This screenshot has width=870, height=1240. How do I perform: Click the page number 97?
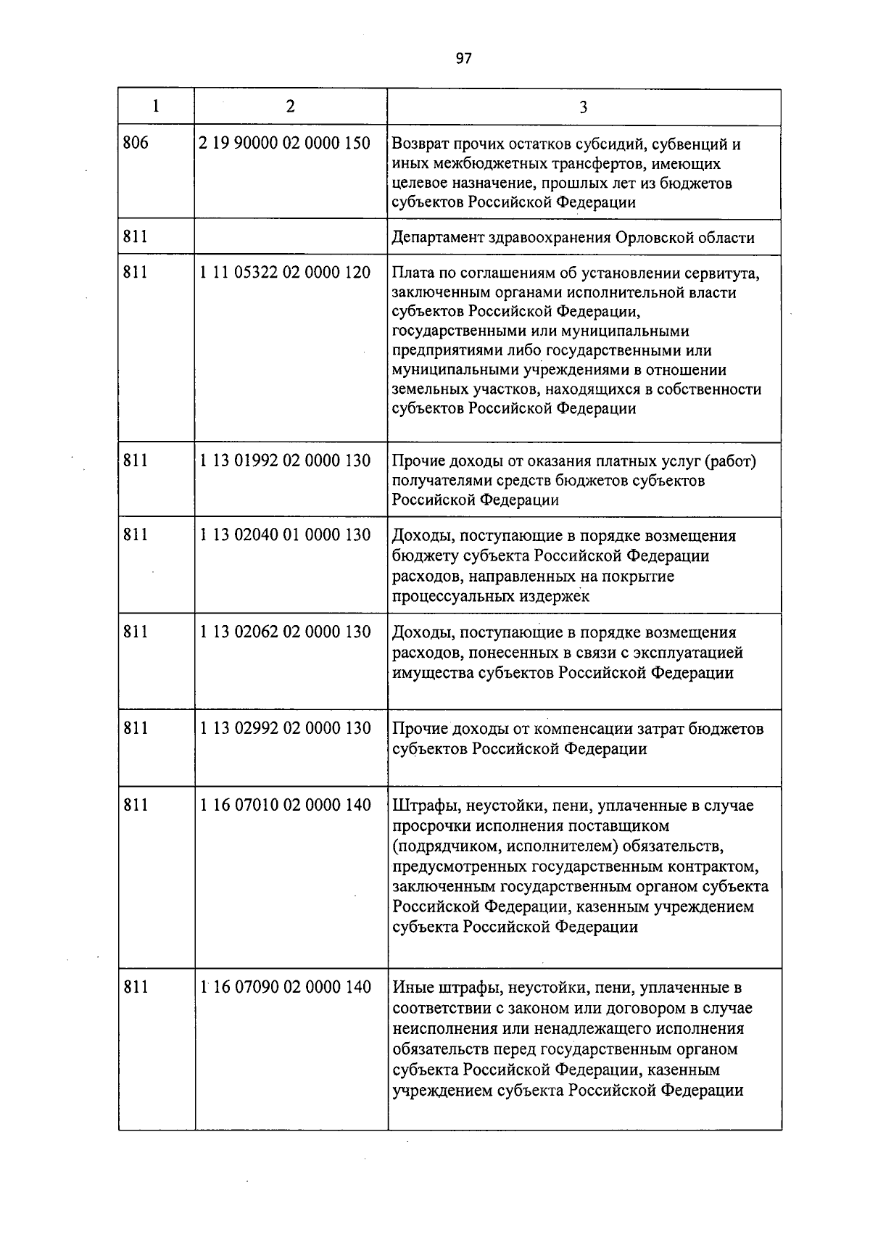464,59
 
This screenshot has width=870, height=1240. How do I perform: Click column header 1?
156,107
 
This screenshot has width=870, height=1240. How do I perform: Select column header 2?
291,107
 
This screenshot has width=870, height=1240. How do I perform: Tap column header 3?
584,107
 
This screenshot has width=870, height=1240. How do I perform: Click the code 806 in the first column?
136,143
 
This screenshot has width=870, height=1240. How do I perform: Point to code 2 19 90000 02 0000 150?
285,143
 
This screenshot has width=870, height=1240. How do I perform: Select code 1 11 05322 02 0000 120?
285,272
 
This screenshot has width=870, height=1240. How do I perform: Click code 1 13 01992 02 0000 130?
285,460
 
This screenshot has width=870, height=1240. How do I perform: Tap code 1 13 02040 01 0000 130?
285,535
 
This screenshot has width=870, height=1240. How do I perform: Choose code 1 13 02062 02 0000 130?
285,632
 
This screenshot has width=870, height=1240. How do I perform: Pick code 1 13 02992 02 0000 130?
285,728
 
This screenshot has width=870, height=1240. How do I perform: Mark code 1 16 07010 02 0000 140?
285,805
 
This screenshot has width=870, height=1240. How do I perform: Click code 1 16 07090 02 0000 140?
285,987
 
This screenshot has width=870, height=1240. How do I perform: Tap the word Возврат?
419,144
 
